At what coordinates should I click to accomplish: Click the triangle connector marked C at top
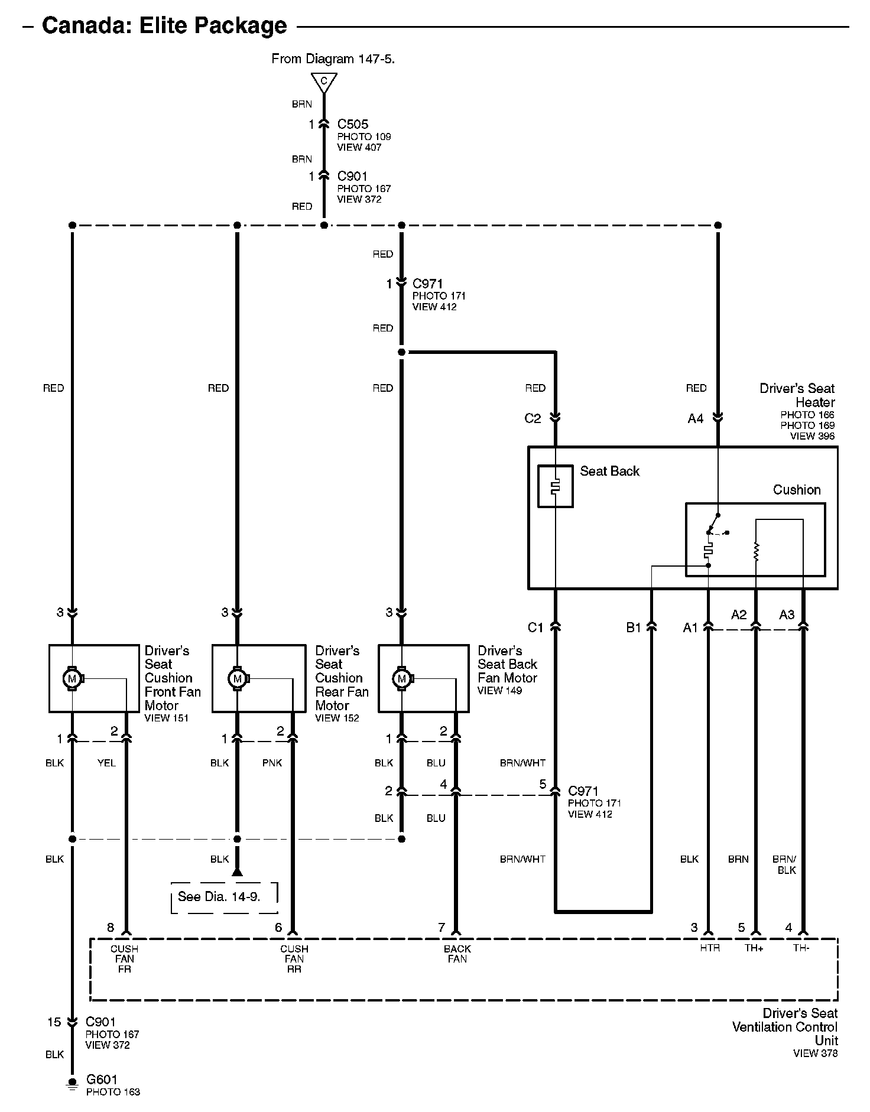324,82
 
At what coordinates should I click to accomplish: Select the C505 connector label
353,124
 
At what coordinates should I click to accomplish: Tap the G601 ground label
102,1080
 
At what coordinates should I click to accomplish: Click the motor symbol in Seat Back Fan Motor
402,678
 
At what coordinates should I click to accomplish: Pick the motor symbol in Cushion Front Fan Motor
73,678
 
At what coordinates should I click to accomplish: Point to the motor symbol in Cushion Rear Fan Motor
238,678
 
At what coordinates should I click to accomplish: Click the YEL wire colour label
106,763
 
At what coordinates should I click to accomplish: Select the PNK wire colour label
272,763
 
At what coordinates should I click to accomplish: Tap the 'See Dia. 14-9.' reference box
224,896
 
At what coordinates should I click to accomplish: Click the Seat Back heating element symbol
555,486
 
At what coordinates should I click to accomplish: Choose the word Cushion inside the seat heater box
797,490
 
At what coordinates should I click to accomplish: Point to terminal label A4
696,418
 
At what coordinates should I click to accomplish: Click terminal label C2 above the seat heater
533,418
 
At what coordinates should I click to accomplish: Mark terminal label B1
634,627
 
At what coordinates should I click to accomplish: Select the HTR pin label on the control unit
710,948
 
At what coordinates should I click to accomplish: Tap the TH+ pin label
754,948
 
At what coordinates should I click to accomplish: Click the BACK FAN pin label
457,954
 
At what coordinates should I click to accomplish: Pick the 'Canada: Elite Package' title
164,25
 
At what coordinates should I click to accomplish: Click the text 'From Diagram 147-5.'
333,58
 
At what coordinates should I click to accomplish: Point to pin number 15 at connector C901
54,1022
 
